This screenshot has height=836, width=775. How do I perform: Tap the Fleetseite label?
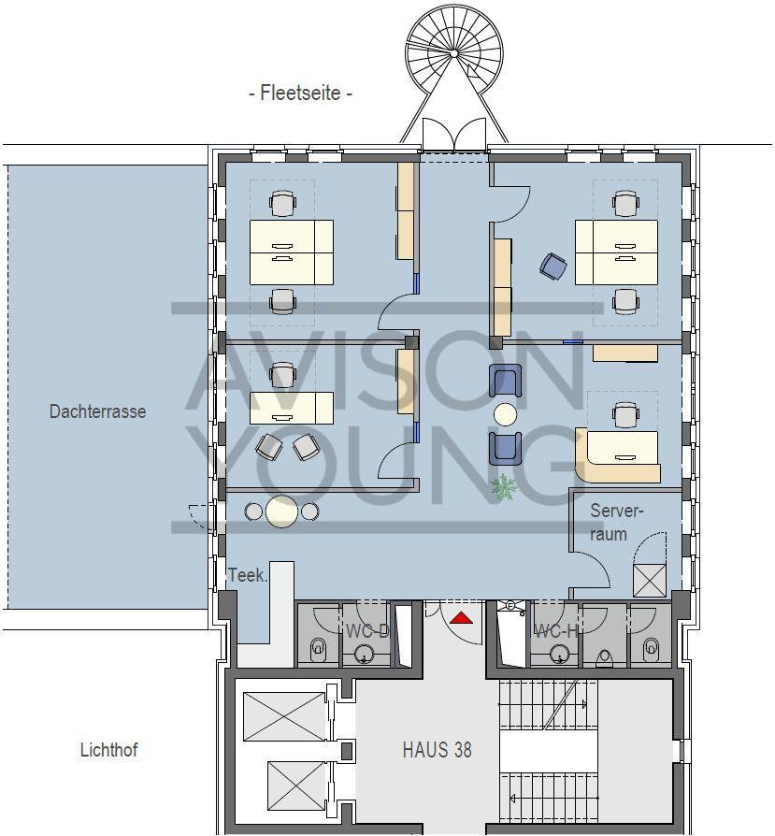pyautogui.click(x=300, y=94)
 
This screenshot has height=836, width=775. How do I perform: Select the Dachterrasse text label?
pyautogui.click(x=97, y=411)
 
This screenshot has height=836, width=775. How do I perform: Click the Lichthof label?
pyautogui.click(x=108, y=750)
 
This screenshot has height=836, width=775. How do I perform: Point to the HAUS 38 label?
pyautogui.click(x=437, y=750)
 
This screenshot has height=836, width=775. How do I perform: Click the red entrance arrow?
pyautogui.click(x=460, y=618)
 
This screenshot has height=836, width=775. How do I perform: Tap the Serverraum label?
pyautogui.click(x=617, y=523)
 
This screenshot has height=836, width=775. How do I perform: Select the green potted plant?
pyautogui.click(x=504, y=486)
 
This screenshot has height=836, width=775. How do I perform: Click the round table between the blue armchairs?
pyautogui.click(x=505, y=413)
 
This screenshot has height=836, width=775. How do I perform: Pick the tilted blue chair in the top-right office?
pyautogui.click(x=553, y=267)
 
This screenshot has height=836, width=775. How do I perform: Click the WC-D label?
pyautogui.click(x=366, y=631)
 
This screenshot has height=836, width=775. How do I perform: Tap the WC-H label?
pyautogui.click(x=555, y=631)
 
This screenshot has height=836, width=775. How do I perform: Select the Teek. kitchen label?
pyautogui.click(x=248, y=575)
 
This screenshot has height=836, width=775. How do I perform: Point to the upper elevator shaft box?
pyautogui.click(x=283, y=714)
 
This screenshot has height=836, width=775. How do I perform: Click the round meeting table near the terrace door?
pyautogui.click(x=281, y=512)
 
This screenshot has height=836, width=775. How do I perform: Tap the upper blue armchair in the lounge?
pyautogui.click(x=505, y=381)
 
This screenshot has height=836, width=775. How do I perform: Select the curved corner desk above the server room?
pyautogui.click(x=616, y=454)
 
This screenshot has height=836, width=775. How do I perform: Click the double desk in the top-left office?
pyautogui.click(x=291, y=252)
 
